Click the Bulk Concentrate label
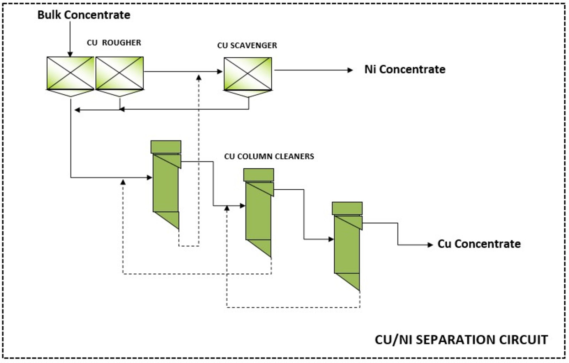tap(84, 15)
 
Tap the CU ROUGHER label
tap(114, 43)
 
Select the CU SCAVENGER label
tap(247, 46)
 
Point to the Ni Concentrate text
tap(405, 69)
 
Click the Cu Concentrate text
tap(479, 244)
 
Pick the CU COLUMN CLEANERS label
tap(269, 157)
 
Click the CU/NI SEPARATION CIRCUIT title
tap(461, 340)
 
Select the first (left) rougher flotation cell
tap(70, 73)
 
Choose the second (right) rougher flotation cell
tap(119, 73)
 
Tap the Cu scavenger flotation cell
tap(248, 74)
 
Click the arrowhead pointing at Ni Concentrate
tap(350, 70)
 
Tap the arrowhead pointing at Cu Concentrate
tap(430, 245)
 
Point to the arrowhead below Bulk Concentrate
tap(70, 54)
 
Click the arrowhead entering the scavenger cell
tap(220, 72)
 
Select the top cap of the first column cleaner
tap(166, 147)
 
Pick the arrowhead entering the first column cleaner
tap(150, 177)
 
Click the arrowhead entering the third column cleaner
tap(331, 239)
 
